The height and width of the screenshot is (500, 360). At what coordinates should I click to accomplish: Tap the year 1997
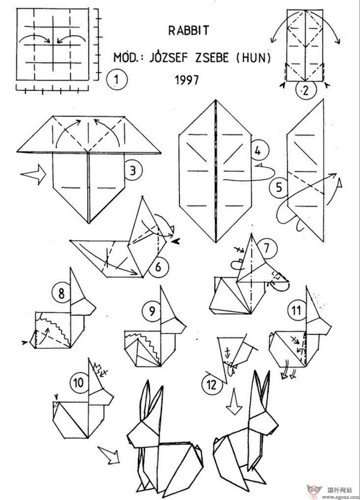pos(187,78)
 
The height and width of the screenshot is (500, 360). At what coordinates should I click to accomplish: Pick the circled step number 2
pos(304,91)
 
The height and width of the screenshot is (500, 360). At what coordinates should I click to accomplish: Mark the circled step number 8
pos(59,294)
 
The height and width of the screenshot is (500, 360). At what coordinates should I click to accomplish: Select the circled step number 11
pos(295,310)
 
